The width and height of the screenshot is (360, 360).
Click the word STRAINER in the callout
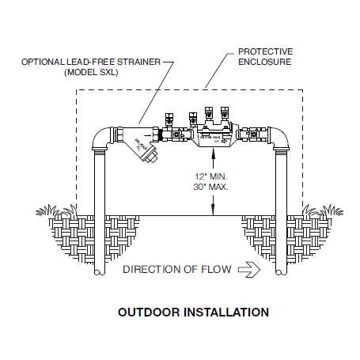[x=138, y=62]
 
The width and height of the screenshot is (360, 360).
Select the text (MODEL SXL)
[x=91, y=72]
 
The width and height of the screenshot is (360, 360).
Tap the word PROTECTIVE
[x=266, y=51]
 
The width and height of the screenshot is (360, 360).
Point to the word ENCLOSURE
[x=265, y=62]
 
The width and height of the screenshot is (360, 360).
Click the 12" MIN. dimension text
[x=211, y=176]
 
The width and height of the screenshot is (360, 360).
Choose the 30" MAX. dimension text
[x=210, y=187]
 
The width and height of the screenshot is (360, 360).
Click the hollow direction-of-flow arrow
[x=249, y=270]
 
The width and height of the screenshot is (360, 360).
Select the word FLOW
[x=216, y=269]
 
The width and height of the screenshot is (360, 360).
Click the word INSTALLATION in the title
[x=226, y=313]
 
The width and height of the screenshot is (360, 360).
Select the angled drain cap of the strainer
[x=150, y=155]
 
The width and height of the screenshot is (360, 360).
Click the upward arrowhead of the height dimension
[x=213, y=153]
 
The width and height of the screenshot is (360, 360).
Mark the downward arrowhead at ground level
[x=213, y=210]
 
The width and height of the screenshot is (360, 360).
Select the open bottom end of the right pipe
[x=281, y=272]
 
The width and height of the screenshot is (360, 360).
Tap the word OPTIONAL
[x=43, y=62]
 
